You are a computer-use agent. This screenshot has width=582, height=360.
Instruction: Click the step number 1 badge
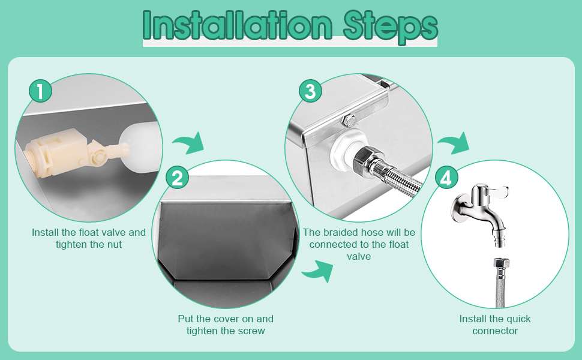[x=40, y=91]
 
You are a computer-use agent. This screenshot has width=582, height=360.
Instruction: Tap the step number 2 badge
[x=178, y=178]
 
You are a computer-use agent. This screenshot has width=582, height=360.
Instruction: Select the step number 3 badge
[x=310, y=91]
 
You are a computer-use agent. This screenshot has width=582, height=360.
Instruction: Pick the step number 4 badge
[x=446, y=178]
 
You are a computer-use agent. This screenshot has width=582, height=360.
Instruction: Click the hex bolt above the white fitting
[x=349, y=120]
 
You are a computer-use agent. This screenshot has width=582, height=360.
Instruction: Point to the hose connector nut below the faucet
[x=500, y=263]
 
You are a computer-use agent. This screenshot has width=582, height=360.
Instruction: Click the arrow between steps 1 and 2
[x=189, y=143]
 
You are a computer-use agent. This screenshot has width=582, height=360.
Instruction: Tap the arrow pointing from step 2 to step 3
[x=318, y=271]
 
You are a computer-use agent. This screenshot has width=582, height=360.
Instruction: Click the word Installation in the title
[x=237, y=25]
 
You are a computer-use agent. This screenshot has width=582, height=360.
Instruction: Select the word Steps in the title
[x=390, y=27]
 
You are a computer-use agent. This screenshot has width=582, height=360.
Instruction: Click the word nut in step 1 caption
[x=114, y=245]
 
